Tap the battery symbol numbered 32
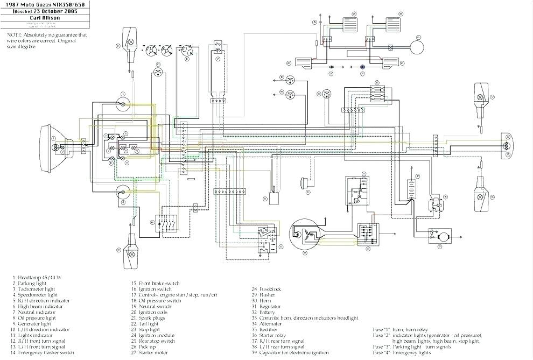click(x=412, y=190)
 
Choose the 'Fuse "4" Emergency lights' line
click(x=402, y=352)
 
